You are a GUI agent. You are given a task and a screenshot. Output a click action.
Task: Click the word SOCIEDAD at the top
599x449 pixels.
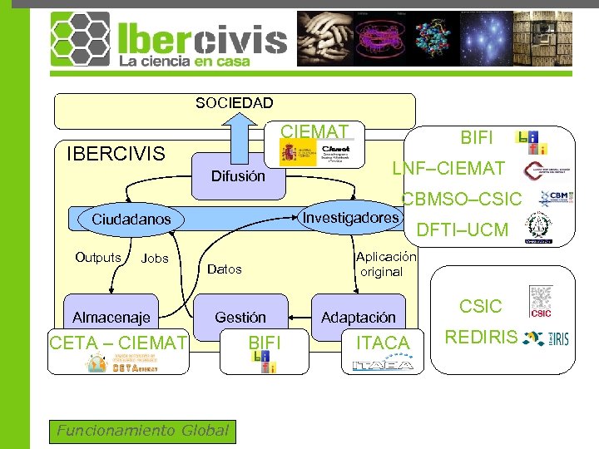coord(234,103)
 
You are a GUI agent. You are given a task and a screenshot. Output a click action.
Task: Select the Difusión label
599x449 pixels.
coord(238,176)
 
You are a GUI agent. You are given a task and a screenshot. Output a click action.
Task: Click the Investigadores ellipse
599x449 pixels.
coord(350,218)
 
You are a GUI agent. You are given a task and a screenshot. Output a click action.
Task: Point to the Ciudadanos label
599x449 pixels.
coord(131,220)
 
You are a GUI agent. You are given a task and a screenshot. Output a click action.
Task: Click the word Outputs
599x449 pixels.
coord(98,258)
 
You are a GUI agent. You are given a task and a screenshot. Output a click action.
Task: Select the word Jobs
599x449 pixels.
coord(155,259)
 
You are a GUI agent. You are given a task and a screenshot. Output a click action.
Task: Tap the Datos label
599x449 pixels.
coord(224,269)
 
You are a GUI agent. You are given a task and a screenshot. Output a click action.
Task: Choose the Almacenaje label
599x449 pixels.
coord(111,317)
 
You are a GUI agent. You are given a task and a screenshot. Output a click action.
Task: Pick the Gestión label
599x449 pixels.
coord(240,317)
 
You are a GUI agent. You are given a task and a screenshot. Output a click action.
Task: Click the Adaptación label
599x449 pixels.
coord(359,317)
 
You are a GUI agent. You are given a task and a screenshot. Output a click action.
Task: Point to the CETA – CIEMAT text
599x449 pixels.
coord(118,343)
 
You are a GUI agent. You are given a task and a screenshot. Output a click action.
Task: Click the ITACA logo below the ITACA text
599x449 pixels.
coord(383,364)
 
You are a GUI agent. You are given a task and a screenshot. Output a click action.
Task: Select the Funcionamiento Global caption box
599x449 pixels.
coord(141,430)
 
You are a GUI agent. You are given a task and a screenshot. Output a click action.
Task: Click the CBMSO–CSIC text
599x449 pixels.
coord(462,200)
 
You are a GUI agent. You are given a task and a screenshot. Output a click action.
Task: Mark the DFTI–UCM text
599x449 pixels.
coord(463,229)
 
